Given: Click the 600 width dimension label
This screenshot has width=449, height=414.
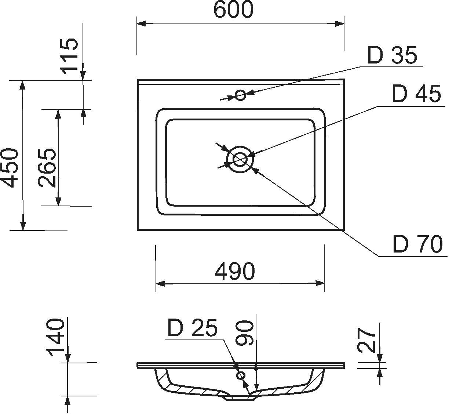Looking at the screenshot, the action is coord(233,10).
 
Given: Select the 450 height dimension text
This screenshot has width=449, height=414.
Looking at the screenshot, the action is coord(10,168).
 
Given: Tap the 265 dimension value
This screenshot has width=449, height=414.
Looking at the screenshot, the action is coord(47,168).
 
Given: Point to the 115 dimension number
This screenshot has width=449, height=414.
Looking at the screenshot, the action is coord(69,56).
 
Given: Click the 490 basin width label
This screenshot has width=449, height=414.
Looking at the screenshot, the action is coord(234,271).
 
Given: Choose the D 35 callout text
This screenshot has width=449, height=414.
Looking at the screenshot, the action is coord(392,55).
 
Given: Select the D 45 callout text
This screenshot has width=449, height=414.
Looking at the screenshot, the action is coord(416,94).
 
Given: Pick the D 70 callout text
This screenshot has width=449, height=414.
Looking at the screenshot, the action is coord(418,244).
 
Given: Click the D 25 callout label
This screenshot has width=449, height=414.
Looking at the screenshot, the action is coord(192,328).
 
